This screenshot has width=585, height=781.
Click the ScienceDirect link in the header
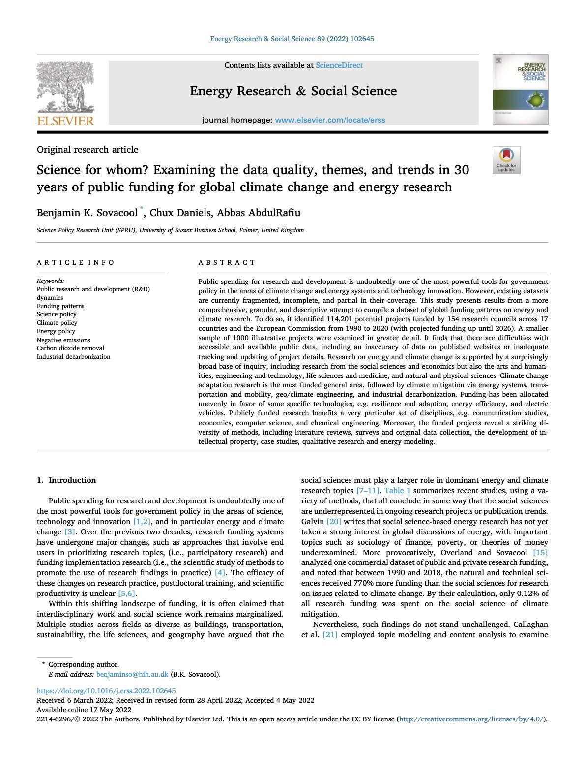339,65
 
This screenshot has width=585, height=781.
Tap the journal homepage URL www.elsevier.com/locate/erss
330,120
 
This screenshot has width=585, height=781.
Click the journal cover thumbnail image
520,90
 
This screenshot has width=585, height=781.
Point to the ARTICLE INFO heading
76,262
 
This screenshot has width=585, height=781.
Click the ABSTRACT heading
227,262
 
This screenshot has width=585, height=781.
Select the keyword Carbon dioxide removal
70,348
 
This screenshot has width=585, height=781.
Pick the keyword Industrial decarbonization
73,357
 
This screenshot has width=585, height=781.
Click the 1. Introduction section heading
66,480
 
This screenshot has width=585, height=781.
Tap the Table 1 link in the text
397,491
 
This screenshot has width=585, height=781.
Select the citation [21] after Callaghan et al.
330,635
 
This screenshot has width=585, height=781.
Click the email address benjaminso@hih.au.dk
132,674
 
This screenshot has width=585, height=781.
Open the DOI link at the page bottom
106,691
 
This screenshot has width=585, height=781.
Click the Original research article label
88,150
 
